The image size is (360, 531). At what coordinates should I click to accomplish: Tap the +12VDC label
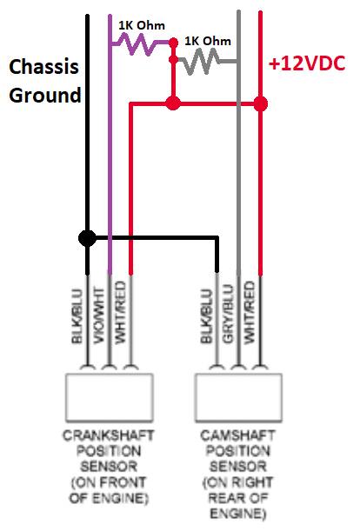(x=307, y=63)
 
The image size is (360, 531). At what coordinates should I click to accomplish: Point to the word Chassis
(x=43, y=66)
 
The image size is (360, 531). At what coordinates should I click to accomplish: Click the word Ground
(x=45, y=95)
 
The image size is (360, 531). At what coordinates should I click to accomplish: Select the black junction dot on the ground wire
(x=87, y=238)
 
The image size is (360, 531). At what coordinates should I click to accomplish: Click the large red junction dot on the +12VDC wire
(x=260, y=103)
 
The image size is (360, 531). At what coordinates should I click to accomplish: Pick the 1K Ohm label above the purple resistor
(x=142, y=25)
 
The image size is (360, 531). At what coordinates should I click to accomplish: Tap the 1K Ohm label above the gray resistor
(x=208, y=41)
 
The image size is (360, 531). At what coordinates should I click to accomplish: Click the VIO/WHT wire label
(x=99, y=315)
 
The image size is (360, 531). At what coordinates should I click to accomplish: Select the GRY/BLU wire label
(x=228, y=314)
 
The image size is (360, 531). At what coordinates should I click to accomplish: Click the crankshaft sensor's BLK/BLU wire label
(x=77, y=316)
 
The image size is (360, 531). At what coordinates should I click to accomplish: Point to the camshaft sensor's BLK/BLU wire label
(x=206, y=316)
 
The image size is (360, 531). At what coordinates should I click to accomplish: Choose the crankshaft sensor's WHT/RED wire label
(x=120, y=313)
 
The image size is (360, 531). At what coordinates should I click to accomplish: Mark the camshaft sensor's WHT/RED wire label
(x=250, y=313)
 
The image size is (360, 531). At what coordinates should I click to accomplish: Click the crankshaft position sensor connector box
(x=109, y=397)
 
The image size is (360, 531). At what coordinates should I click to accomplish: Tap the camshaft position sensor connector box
(x=238, y=397)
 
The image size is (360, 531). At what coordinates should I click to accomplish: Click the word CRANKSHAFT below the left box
(x=109, y=435)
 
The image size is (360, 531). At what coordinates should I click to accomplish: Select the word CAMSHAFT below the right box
(x=237, y=435)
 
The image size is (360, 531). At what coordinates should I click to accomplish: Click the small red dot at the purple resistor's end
(x=173, y=43)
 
